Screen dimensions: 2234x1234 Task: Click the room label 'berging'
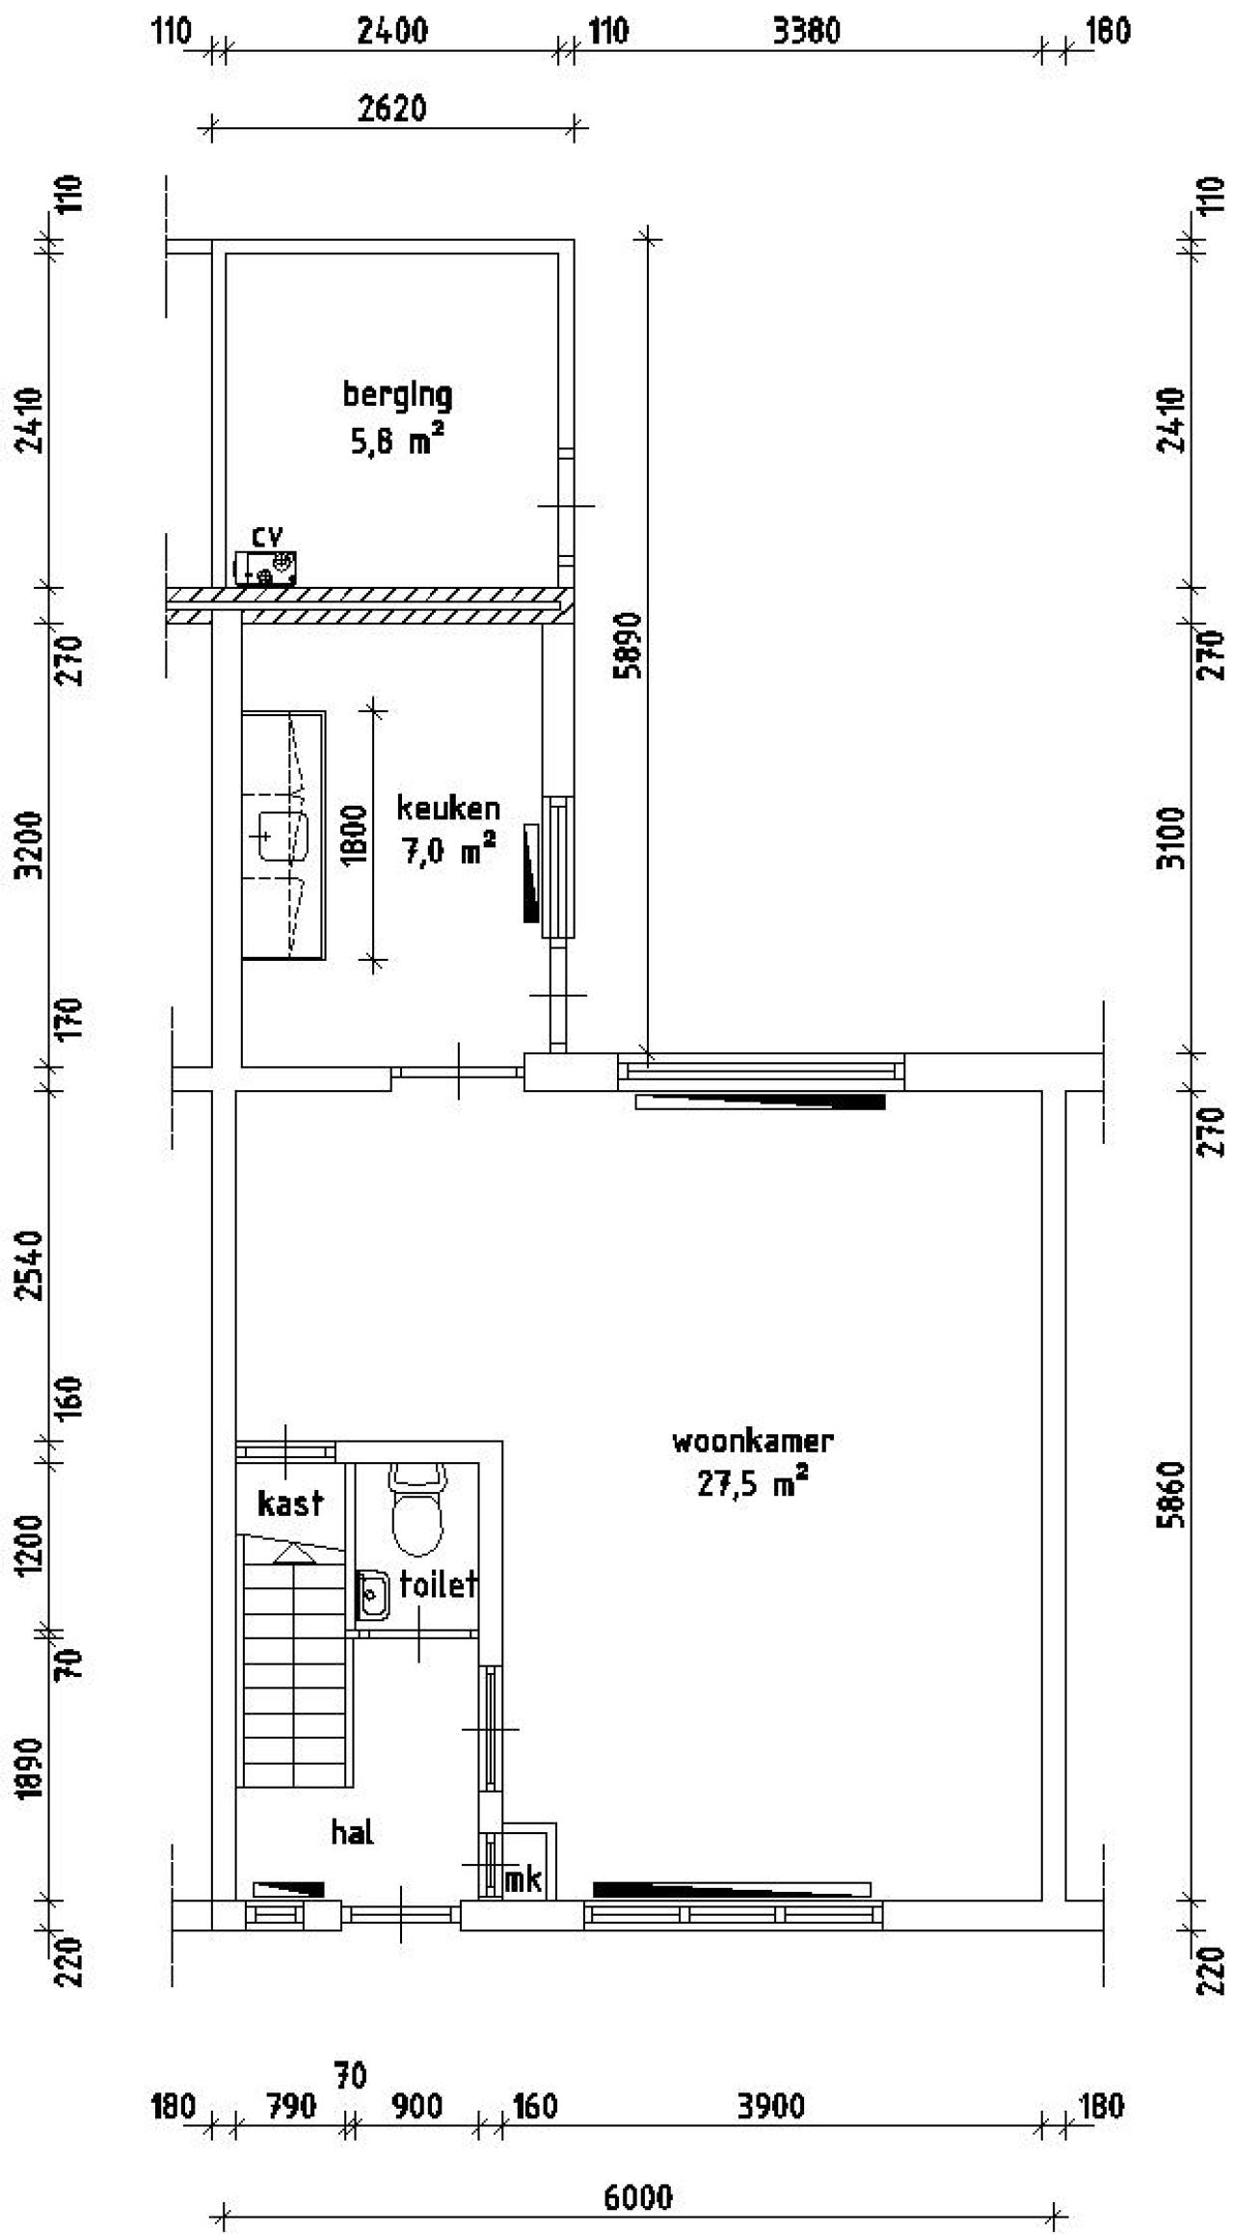[397, 395]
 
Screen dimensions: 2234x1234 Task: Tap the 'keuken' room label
[448, 808]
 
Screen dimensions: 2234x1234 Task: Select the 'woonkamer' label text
[752, 1442]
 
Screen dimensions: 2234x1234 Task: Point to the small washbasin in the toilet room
[372, 1596]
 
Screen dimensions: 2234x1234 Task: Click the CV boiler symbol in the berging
[265, 568]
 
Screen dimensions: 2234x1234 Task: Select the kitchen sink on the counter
[283, 835]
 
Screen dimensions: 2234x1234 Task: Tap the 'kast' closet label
[290, 1503]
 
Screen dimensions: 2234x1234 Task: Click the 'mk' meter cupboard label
[523, 1879]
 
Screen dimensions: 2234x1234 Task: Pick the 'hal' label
[352, 1832]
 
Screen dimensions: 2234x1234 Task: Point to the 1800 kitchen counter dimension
[354, 836]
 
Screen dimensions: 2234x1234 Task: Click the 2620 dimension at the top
[391, 109]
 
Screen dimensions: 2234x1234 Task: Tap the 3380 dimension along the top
[806, 32]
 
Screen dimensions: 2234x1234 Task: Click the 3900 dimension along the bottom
[771, 2107]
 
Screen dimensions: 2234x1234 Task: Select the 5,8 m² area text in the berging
[397, 441]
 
